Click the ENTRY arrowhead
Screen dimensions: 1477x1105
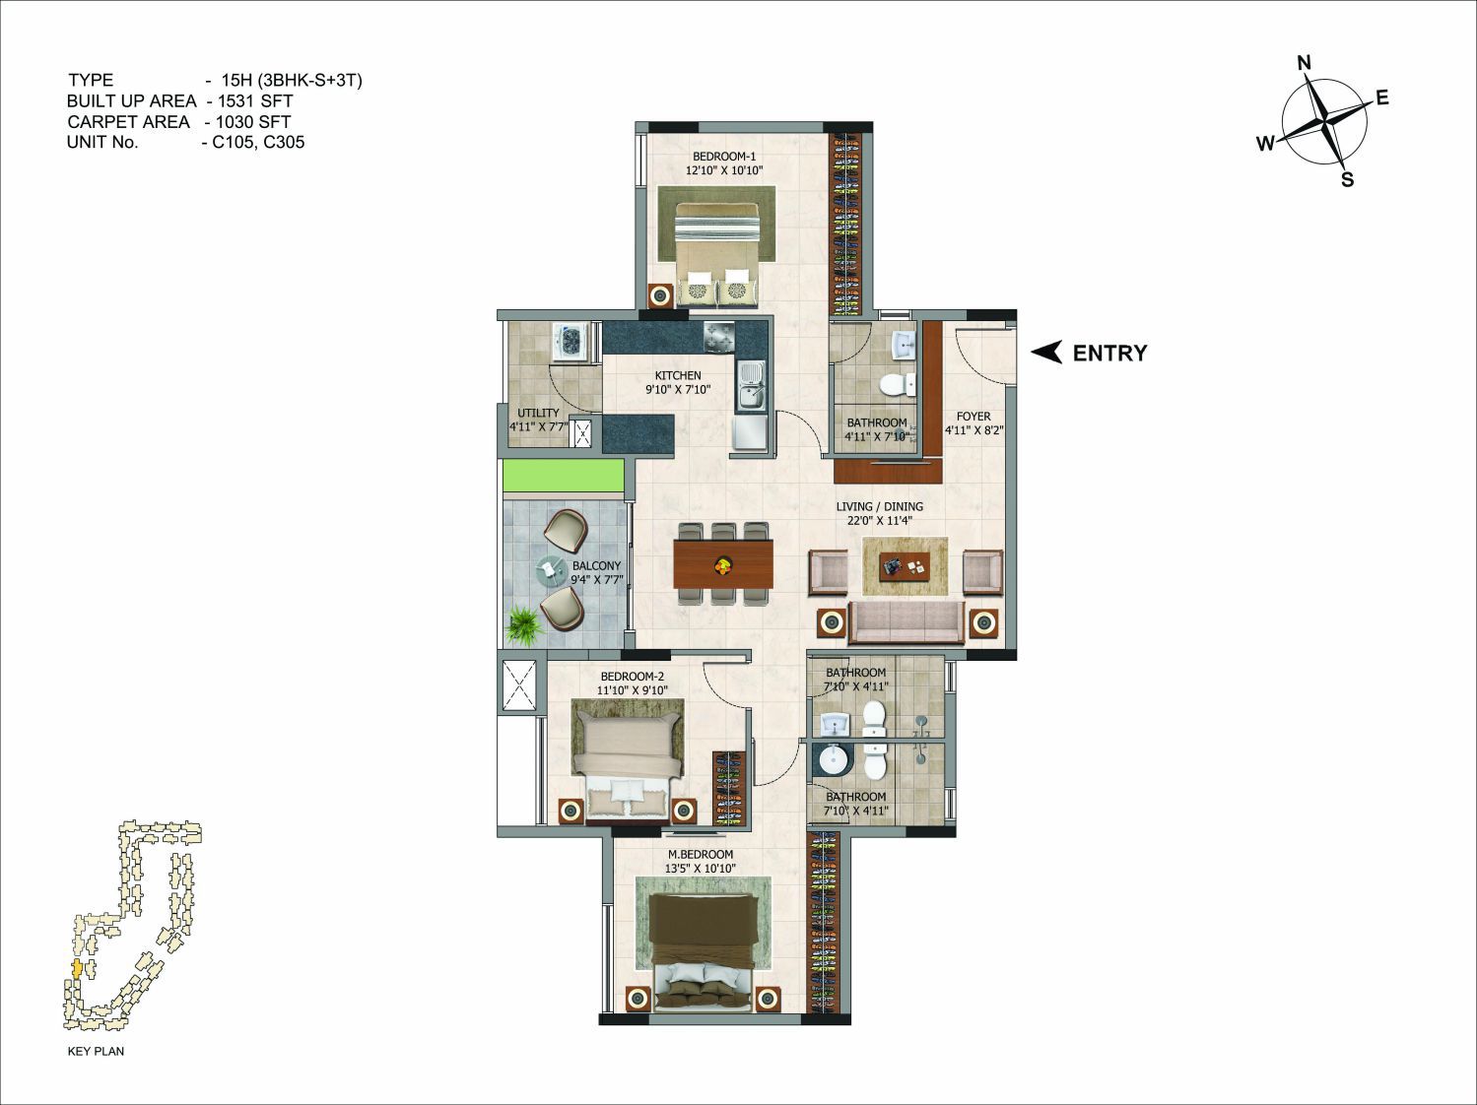[x=1047, y=353]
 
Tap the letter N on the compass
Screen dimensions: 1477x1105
[x=1304, y=63]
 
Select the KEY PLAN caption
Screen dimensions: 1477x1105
[x=96, y=1051]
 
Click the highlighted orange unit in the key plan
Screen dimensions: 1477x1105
[x=77, y=969]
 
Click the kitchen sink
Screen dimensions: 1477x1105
[x=750, y=385]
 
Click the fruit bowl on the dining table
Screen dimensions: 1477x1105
[x=723, y=564]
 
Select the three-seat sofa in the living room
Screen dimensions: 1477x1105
[x=906, y=623]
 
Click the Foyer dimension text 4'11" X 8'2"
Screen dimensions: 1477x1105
[x=973, y=430]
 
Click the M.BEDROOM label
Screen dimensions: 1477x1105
[x=700, y=854]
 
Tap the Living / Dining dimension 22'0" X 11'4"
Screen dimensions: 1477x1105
[x=880, y=520]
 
